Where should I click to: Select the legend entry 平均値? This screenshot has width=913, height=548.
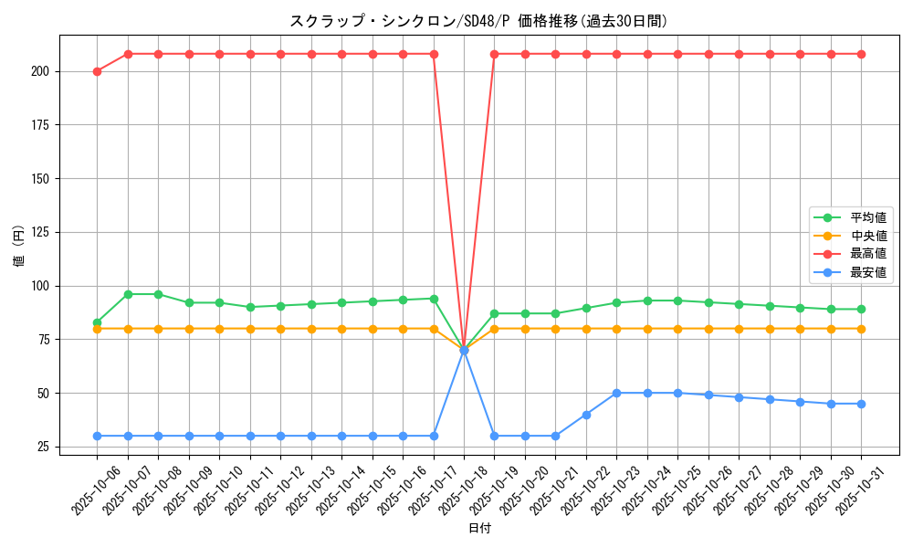point(868,217)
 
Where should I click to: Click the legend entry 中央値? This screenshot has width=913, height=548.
point(868,236)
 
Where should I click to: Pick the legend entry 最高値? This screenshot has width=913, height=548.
point(868,253)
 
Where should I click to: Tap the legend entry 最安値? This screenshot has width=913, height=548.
point(868,271)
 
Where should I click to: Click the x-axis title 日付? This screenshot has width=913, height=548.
point(479,529)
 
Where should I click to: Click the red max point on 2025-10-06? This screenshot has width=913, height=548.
point(97,71)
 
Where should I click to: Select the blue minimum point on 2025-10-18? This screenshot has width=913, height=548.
point(464,350)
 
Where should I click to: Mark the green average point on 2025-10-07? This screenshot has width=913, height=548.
point(128,294)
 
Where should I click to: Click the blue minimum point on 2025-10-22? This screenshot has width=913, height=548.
point(586,415)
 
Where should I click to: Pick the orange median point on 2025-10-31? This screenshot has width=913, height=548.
point(861,329)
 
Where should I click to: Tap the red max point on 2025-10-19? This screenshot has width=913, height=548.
point(494,54)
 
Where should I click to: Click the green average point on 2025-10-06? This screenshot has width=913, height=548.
point(97,322)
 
